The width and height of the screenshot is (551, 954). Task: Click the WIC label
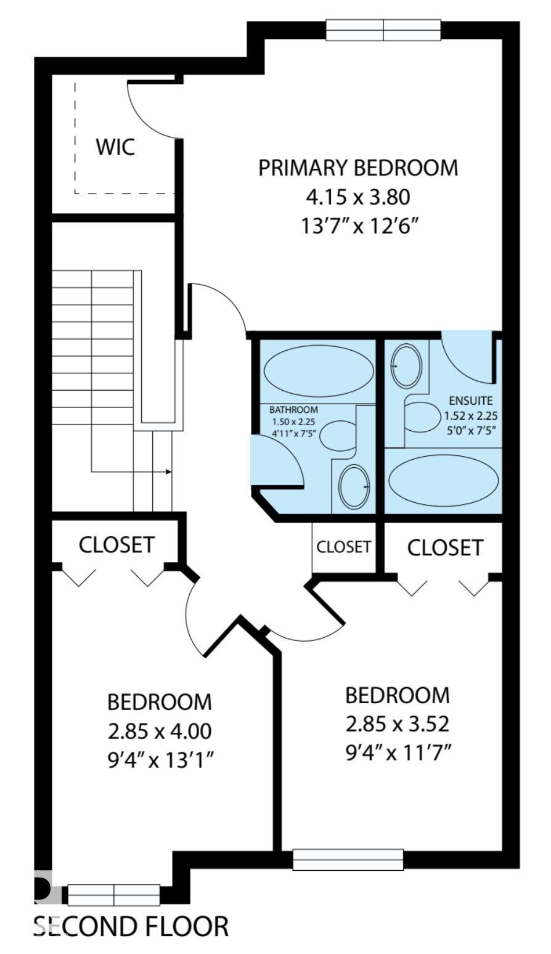coord(115,147)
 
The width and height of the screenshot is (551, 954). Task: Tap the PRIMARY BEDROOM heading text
coord(358,168)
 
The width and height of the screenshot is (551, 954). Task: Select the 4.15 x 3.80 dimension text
coord(358,197)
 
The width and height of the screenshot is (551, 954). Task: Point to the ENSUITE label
coord(471,401)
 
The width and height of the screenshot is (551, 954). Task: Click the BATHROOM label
coord(293,410)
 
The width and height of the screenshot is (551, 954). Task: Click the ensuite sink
coord(406,366)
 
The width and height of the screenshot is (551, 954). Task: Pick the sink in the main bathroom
coord(354,486)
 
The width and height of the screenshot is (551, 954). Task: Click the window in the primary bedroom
coord(383,30)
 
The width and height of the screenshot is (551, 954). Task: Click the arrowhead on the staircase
coord(169,472)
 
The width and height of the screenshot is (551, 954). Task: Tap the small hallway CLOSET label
coord(343,547)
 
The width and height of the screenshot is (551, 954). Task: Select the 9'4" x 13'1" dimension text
coord(160,759)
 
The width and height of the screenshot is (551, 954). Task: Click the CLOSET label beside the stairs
coord(116,545)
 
